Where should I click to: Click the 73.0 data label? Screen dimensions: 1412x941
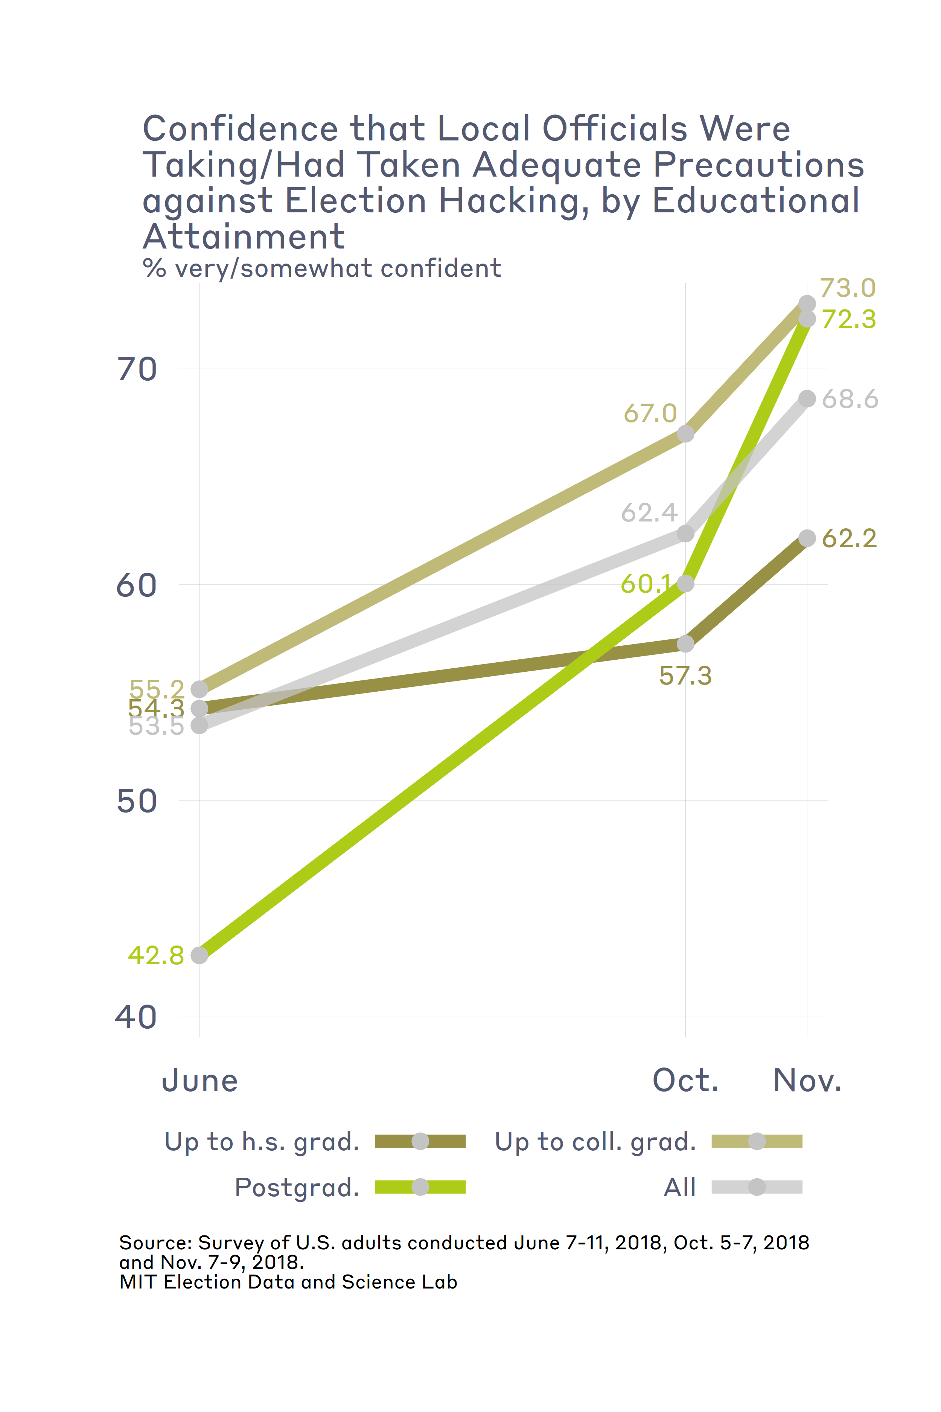(x=847, y=288)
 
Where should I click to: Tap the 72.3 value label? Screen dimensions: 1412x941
(x=848, y=319)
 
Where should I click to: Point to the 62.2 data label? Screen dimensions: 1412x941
(x=848, y=538)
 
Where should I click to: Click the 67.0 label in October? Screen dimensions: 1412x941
(x=650, y=414)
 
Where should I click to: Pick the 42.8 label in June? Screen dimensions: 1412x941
(x=155, y=955)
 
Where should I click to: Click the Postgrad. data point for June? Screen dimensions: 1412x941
(x=199, y=955)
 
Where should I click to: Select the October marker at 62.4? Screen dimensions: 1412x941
(x=685, y=533)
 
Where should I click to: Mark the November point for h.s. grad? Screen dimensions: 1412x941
(x=807, y=538)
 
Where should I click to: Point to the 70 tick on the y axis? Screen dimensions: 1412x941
(x=137, y=369)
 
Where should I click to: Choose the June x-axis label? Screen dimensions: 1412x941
(x=200, y=1081)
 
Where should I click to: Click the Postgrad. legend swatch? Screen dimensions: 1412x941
(x=420, y=1187)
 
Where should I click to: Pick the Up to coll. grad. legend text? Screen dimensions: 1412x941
(x=595, y=1141)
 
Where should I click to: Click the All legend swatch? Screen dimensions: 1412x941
(x=757, y=1187)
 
